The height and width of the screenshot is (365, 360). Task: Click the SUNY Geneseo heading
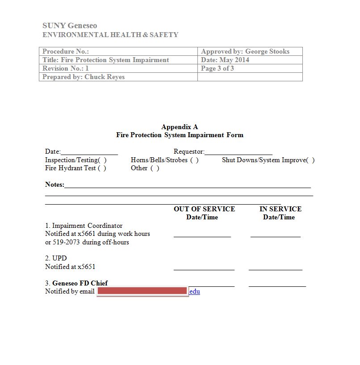click(70, 25)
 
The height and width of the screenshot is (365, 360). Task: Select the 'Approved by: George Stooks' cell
click(245, 51)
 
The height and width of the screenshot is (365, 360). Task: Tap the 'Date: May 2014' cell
click(225, 60)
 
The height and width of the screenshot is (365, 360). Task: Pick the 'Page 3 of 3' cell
click(218, 68)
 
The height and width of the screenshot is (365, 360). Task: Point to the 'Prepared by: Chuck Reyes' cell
click(84, 77)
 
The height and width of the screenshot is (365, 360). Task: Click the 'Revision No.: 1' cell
click(66, 68)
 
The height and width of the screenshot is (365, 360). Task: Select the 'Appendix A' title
click(180, 127)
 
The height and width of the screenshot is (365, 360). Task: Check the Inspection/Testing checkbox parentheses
click(102, 160)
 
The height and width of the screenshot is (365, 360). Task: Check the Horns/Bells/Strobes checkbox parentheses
click(194, 160)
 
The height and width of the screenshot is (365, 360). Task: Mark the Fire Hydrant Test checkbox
click(102, 168)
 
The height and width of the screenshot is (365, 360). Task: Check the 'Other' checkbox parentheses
click(155, 168)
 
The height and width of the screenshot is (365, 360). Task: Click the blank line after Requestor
click(239, 152)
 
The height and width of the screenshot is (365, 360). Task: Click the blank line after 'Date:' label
click(89, 152)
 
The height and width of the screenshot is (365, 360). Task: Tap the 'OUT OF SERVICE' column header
click(204, 209)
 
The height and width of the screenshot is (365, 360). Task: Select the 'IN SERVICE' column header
click(280, 209)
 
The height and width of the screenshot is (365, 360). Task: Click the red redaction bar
click(142, 291)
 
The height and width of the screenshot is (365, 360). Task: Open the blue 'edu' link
click(195, 292)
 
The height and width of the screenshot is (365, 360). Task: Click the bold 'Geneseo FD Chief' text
click(80, 283)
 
